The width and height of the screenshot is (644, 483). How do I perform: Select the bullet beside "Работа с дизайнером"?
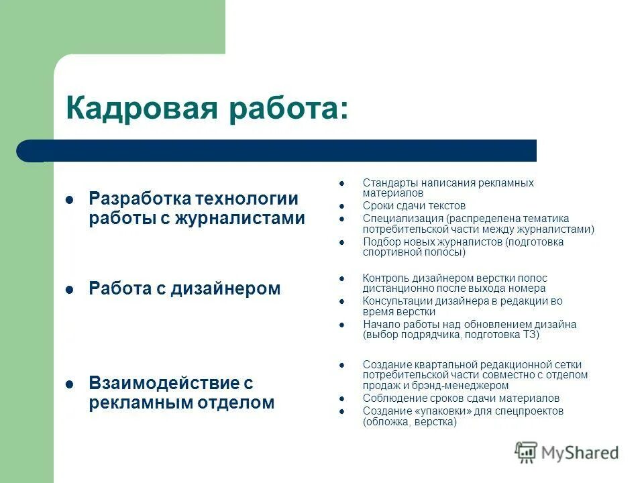pos(68,290)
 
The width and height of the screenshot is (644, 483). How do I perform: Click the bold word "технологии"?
pos(246,199)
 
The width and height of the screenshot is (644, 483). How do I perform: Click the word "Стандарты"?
pos(388,182)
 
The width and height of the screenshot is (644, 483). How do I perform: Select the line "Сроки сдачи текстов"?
pos(414,206)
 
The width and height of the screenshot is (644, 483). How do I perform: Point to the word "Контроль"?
pos(384,278)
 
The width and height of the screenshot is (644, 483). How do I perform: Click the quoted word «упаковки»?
pos(437,411)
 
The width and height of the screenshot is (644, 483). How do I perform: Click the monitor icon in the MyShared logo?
pos(526,451)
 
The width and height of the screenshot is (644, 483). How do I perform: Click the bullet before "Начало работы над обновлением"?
pos(341,325)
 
